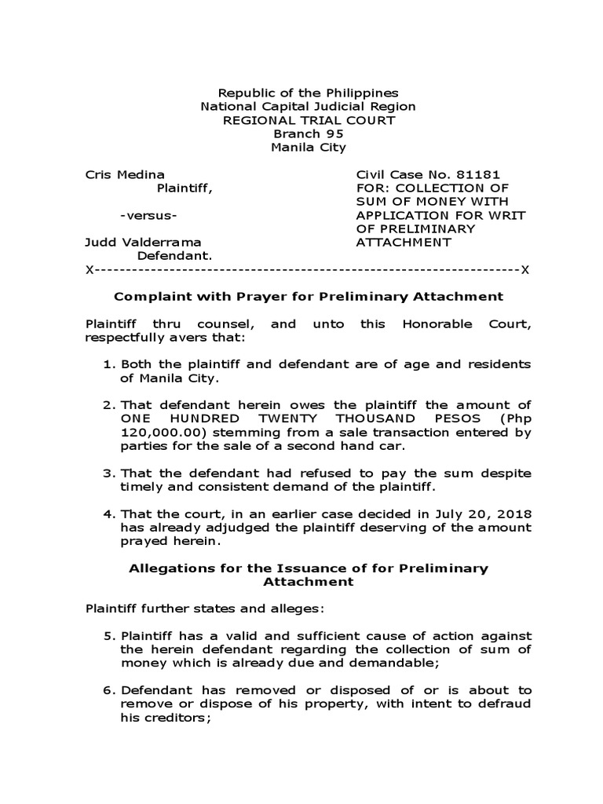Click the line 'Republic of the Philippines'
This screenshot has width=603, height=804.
click(308, 93)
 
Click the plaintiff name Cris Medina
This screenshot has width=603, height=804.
click(125, 174)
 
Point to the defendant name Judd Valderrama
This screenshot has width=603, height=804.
click(143, 242)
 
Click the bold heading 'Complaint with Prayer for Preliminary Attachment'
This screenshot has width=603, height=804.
click(308, 296)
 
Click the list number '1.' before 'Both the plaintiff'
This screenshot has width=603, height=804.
click(109, 364)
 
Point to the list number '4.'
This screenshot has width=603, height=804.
click(109, 513)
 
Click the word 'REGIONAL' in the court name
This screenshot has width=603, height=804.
click(254, 120)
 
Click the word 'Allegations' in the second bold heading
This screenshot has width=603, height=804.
click(166, 568)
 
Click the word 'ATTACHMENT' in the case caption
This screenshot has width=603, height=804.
click(404, 242)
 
